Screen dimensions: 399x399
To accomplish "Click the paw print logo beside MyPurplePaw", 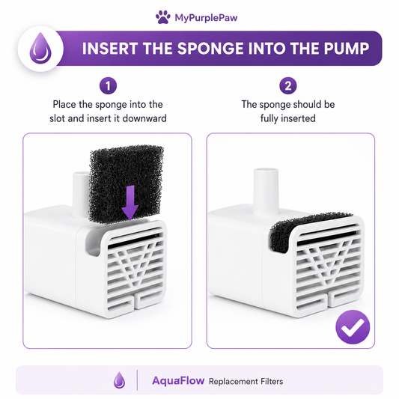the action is coord(163,17).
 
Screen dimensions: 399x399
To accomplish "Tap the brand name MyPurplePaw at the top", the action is coord(206,18).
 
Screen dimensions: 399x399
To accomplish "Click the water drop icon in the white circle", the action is coord(40,48).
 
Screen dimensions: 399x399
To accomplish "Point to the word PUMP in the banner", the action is coord(347,49).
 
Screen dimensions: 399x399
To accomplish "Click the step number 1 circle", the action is coord(108,86).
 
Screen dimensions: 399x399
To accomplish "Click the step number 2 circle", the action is coord(288,86).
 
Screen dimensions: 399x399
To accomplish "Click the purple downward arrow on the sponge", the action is coord(130,203).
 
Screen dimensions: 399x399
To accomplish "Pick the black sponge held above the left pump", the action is coord(127,184).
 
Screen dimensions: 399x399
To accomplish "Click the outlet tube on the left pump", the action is coord(81,195).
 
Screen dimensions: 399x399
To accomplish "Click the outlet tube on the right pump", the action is coord(266,192).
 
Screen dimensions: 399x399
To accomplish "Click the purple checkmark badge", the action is coord(353,327).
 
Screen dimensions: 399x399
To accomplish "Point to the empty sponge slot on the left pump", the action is coord(93,242).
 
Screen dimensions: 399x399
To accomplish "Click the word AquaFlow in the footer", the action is coord(178,381).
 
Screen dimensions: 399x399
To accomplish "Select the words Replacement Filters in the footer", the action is coord(246,382).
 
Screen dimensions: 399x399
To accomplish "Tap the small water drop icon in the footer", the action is coord(119,380).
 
